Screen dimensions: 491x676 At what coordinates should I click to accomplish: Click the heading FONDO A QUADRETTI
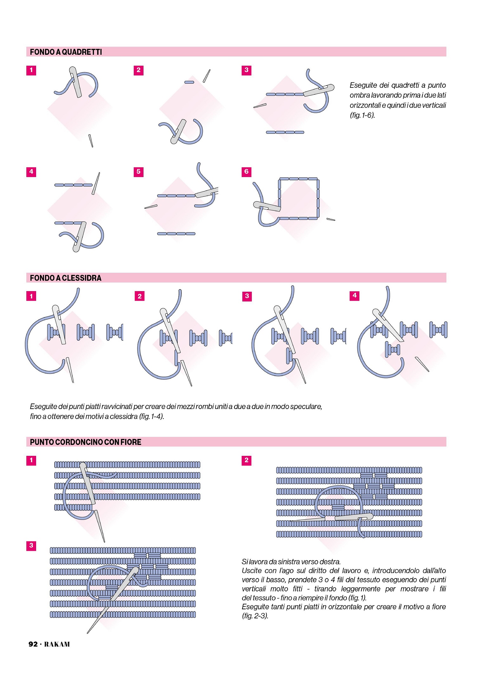66,52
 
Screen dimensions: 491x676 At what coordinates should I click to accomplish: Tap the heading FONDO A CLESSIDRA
66,278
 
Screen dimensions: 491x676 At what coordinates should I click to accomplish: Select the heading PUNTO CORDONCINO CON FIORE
86,442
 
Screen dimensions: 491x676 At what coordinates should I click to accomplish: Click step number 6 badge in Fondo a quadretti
246,172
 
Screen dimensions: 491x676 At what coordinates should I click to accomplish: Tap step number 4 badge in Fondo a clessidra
354,296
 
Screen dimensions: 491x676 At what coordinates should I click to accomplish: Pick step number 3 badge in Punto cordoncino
31,545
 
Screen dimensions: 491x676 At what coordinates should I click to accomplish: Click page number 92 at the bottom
33,644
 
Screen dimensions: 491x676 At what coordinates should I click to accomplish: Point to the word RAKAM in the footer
57,644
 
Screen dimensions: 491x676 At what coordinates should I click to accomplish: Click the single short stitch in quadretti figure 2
189,82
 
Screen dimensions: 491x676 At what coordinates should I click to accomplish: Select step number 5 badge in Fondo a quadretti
138,172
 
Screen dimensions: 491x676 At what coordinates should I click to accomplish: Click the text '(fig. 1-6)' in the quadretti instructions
362,115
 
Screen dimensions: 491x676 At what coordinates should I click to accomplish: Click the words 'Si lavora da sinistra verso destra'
291,562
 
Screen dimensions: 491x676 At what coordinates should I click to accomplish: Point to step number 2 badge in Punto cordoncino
246,460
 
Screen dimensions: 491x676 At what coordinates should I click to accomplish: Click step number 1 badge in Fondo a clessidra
31,296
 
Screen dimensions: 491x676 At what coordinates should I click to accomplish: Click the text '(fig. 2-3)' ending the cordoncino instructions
255,616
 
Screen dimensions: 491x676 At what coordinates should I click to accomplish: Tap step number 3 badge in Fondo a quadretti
246,70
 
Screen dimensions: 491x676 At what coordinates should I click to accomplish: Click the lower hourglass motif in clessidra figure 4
392,350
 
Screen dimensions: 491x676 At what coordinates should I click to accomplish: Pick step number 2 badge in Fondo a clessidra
139,296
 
